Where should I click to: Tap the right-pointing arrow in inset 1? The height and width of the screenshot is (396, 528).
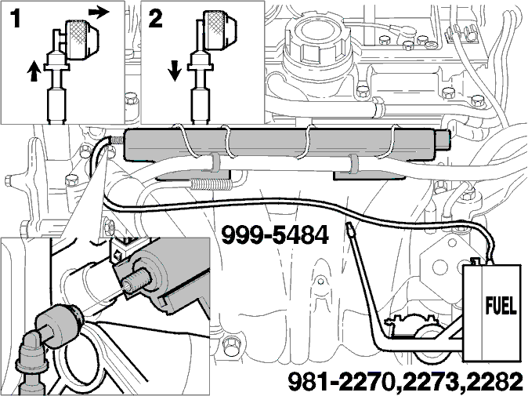tap(99, 12)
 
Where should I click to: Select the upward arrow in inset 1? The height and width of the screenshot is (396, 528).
tap(34, 71)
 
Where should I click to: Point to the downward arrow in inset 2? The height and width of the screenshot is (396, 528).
tap(174, 71)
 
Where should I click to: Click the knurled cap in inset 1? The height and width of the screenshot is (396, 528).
tap(81, 39)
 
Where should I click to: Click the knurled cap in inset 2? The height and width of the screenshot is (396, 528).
tap(220, 30)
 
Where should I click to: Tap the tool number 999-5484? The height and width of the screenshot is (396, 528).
tap(274, 235)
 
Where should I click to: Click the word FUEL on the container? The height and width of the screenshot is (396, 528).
tap(501, 305)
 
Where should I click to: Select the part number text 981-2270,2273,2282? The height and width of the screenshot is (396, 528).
tap(406, 382)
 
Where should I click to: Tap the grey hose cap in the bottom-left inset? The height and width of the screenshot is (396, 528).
tap(58, 325)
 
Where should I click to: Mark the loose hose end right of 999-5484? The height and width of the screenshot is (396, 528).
tap(350, 230)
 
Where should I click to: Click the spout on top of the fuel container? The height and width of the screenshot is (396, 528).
tap(476, 262)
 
